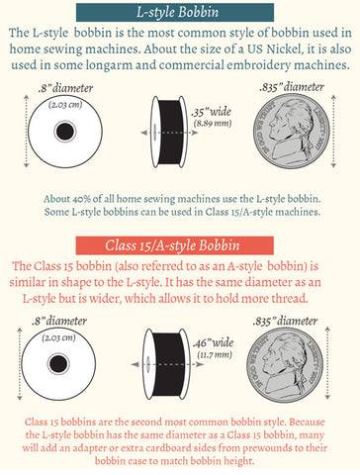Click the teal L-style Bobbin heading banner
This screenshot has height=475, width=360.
point(175,12)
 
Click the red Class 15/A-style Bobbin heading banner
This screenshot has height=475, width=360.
point(174,245)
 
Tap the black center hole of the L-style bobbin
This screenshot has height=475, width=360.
point(65,132)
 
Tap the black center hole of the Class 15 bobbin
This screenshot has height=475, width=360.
point(58,364)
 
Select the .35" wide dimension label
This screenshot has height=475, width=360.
point(212,112)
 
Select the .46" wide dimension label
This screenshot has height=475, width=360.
point(213,343)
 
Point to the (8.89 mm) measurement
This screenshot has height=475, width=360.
point(213,124)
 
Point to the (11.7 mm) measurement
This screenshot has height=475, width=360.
point(215,355)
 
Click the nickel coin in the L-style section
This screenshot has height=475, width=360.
point(292,132)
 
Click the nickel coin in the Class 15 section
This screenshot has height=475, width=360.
point(285,364)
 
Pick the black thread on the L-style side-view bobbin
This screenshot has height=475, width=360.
point(170,131)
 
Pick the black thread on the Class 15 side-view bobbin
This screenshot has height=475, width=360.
point(167,364)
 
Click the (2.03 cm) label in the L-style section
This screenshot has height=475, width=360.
point(65,105)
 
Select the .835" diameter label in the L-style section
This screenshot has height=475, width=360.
point(292,87)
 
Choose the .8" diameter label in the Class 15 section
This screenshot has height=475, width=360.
point(59,321)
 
